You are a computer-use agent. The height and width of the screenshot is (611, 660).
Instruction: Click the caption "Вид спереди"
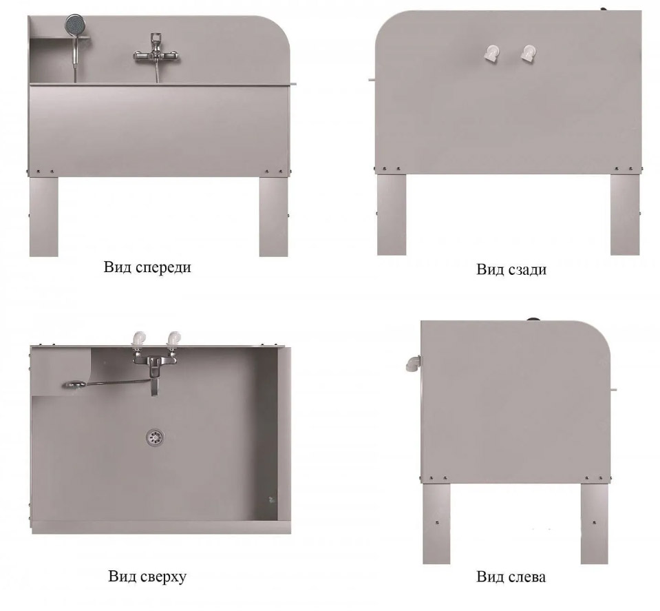point(147,267)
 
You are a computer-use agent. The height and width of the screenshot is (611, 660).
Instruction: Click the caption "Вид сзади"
point(511,269)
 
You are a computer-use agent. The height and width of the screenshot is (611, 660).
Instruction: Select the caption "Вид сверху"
point(147,576)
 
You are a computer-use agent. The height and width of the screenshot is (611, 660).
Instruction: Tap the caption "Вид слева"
point(511,577)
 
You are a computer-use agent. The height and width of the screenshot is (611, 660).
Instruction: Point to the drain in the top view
point(156,437)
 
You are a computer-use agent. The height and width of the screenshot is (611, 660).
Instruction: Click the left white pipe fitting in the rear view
point(490,54)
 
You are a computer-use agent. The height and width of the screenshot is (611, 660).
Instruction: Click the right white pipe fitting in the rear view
point(526,54)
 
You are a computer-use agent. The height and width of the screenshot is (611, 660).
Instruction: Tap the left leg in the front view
point(44,216)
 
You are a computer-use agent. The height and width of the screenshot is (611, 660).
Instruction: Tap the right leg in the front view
point(274,216)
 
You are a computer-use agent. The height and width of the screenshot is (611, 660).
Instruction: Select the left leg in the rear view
point(392,214)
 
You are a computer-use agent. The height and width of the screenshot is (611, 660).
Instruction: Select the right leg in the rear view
point(625,214)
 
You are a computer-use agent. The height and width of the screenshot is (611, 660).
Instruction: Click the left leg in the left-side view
point(436,524)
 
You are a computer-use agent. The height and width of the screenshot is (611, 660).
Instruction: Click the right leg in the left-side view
point(595,524)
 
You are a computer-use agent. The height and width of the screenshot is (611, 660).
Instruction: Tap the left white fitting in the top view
point(139,340)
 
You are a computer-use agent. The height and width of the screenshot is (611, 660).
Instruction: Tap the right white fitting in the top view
point(173,340)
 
